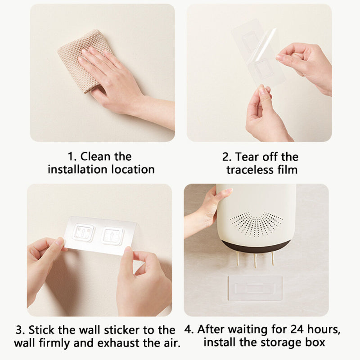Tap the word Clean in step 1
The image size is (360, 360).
(95, 157)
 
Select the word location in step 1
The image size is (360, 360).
(133, 170)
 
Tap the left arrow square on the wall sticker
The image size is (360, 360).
(83, 233)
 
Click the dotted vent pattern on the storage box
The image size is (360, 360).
(256, 223)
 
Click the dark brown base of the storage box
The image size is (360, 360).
(256, 246)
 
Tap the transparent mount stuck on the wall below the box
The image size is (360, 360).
(255, 288)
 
